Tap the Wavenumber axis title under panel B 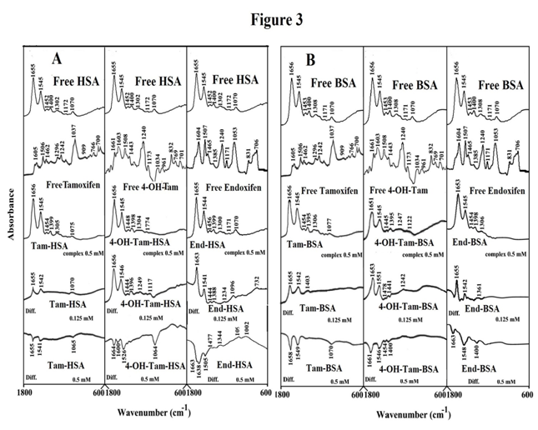412,414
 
